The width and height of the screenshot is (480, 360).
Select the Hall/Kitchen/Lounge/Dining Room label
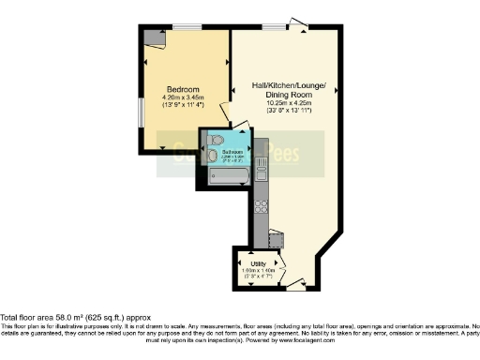coord(288,90)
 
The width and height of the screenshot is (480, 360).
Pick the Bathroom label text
coord(232,152)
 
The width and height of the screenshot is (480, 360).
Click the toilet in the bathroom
coord(215,154)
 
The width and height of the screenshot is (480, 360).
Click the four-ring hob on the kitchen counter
coord(262,203)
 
